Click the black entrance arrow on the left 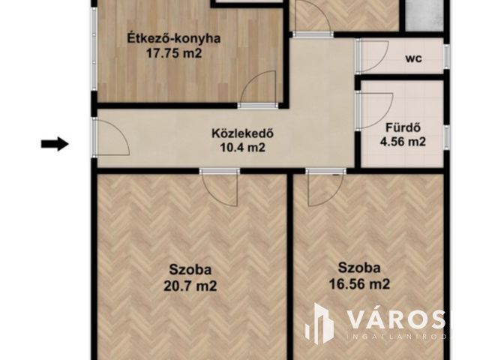pyautogui.click(x=55, y=143)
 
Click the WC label pyautogui.click(x=412, y=58)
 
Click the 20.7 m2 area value pyautogui.click(x=190, y=285)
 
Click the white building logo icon pyautogui.click(x=320, y=323)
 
